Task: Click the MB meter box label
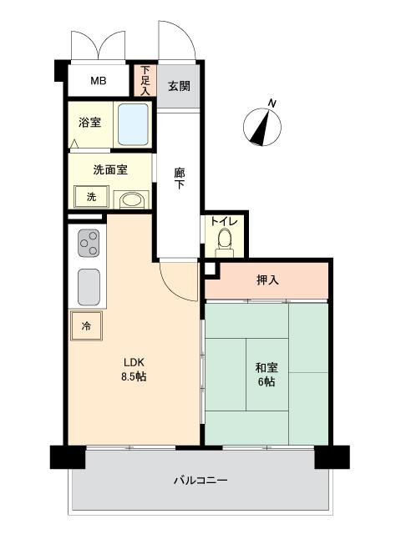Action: (99, 81)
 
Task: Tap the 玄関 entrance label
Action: (179, 86)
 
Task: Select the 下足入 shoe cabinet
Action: (145, 80)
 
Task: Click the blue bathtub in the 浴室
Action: (133, 124)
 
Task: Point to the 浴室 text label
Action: (89, 123)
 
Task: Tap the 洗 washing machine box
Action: (91, 197)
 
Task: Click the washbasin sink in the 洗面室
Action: (131, 200)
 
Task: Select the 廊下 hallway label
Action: (180, 179)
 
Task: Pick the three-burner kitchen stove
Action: (89, 243)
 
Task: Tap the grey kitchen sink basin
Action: (89, 287)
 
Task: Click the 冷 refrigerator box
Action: (86, 326)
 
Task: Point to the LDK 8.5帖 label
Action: (134, 369)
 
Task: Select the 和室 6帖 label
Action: (266, 375)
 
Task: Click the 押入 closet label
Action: (267, 280)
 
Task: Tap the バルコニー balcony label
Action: (200, 481)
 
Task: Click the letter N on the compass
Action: (272, 103)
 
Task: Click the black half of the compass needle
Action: (259, 133)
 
